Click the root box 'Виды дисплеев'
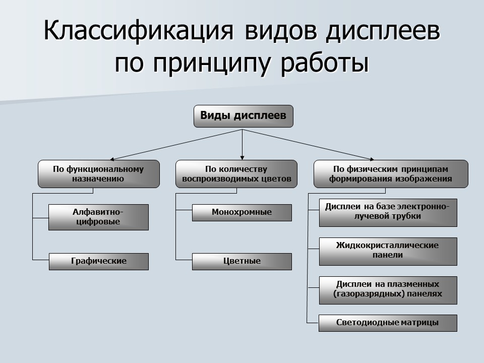click(x=243, y=116)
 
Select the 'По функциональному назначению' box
click(x=98, y=174)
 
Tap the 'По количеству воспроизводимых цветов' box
click(x=236, y=174)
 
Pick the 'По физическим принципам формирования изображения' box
click(x=390, y=174)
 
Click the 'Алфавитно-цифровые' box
click(x=98, y=217)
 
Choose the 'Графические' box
click(x=98, y=261)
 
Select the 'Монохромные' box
click(x=241, y=212)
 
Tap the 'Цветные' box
click(x=241, y=261)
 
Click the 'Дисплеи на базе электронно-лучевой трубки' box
click(x=388, y=212)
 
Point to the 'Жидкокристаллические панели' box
click(x=388, y=251)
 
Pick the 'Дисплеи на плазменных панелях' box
click(x=388, y=289)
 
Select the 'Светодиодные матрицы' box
click(x=388, y=323)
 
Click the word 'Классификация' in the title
click(x=138, y=31)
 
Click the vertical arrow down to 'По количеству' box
click(x=243, y=146)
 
